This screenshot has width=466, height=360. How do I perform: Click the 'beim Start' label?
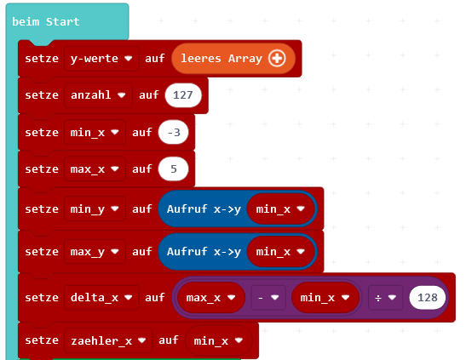(x=46, y=21)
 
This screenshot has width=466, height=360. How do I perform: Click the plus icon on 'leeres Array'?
(x=277, y=58)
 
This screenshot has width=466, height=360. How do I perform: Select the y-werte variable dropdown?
(x=101, y=59)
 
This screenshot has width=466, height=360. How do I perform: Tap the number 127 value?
(x=183, y=95)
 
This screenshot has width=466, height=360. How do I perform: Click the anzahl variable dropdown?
(x=98, y=95)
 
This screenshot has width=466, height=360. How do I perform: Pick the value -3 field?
(x=174, y=133)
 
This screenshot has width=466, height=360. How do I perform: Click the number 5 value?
(x=174, y=169)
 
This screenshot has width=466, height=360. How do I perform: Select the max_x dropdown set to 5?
(x=95, y=169)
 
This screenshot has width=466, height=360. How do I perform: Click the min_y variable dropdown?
(x=95, y=209)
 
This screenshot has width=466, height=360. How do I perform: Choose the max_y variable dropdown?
(x=95, y=252)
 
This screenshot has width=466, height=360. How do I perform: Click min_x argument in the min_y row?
(x=280, y=209)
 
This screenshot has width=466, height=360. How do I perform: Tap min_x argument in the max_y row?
(x=280, y=252)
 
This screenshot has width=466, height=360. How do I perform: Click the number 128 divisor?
(x=428, y=297)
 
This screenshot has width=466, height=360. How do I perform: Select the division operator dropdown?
(x=385, y=297)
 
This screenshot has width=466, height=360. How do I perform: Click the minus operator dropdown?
(x=268, y=297)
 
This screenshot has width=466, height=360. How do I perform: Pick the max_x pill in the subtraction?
(x=211, y=297)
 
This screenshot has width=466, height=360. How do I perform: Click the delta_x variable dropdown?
(x=101, y=297)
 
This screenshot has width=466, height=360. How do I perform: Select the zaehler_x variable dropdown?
(x=108, y=340)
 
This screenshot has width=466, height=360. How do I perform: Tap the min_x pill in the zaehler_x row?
(x=218, y=340)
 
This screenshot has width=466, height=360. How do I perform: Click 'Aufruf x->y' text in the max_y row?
(x=204, y=252)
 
